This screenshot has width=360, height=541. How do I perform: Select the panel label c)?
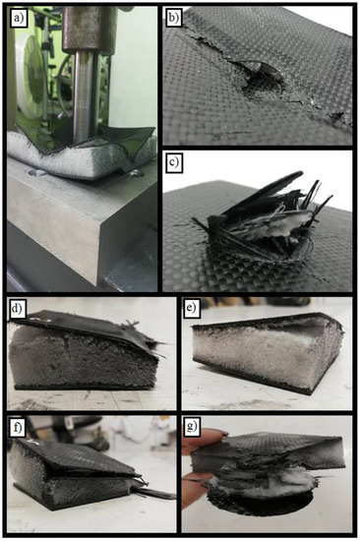point(174,162)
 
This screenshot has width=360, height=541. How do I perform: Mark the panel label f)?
point(17,428)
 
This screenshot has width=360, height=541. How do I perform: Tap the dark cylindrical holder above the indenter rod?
point(90,30)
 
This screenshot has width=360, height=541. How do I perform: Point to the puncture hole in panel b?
point(263,79)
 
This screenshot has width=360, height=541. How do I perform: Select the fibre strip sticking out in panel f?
point(157,492)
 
